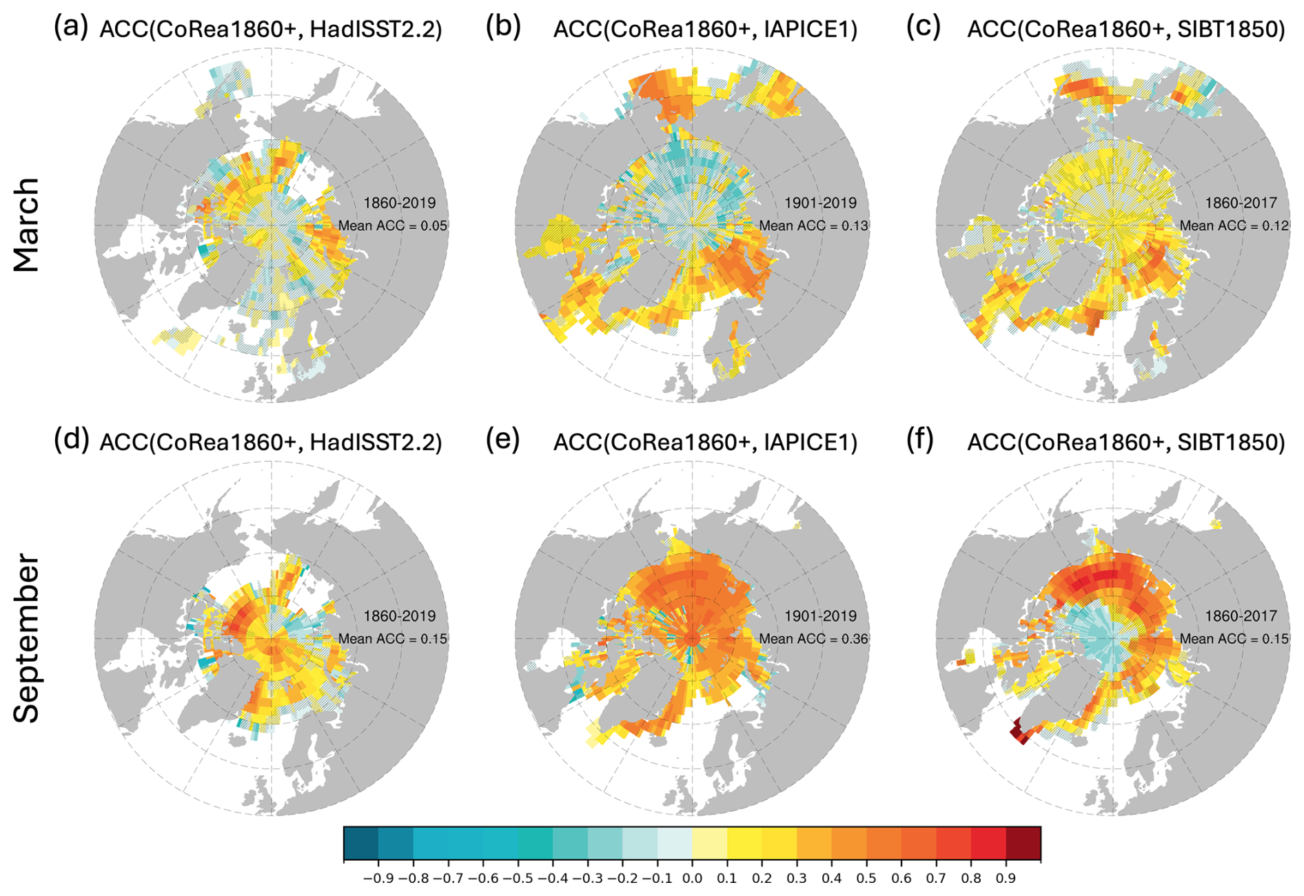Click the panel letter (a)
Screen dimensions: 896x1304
pyautogui.click(x=71, y=28)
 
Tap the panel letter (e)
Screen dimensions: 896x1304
pyautogui.click(x=502, y=440)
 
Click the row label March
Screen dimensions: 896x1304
pyautogui.click(x=27, y=225)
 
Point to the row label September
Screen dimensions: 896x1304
pyautogui.click(x=27, y=638)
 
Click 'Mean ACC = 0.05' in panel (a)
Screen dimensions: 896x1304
pyautogui.click(x=393, y=226)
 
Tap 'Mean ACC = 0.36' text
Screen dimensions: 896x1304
pyautogui.click(x=813, y=639)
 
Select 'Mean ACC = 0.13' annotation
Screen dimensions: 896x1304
pyautogui.click(x=813, y=226)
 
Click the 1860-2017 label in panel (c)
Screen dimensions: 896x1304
pyautogui.click(x=1241, y=203)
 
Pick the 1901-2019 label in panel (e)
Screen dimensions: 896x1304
pyautogui.click(x=820, y=616)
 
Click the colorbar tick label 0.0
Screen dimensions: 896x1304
pyautogui.click(x=692, y=879)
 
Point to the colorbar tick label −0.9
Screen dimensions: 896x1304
pyautogui.click(x=378, y=879)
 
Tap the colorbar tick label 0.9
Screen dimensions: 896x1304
pyautogui.click(x=1006, y=879)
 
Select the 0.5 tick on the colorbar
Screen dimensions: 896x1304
pyautogui.click(x=866, y=879)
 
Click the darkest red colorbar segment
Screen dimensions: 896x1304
pyautogui.click(x=1023, y=844)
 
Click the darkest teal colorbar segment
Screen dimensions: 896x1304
pyautogui.click(x=360, y=844)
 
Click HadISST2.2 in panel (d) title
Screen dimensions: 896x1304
pyautogui.click(x=376, y=442)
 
